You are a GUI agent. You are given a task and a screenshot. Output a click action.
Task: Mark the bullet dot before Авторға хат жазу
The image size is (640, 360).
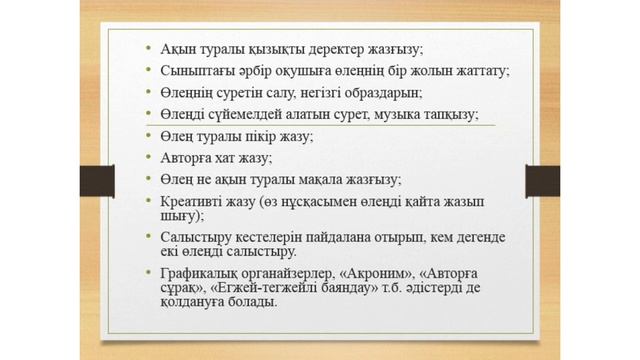point(148,158)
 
